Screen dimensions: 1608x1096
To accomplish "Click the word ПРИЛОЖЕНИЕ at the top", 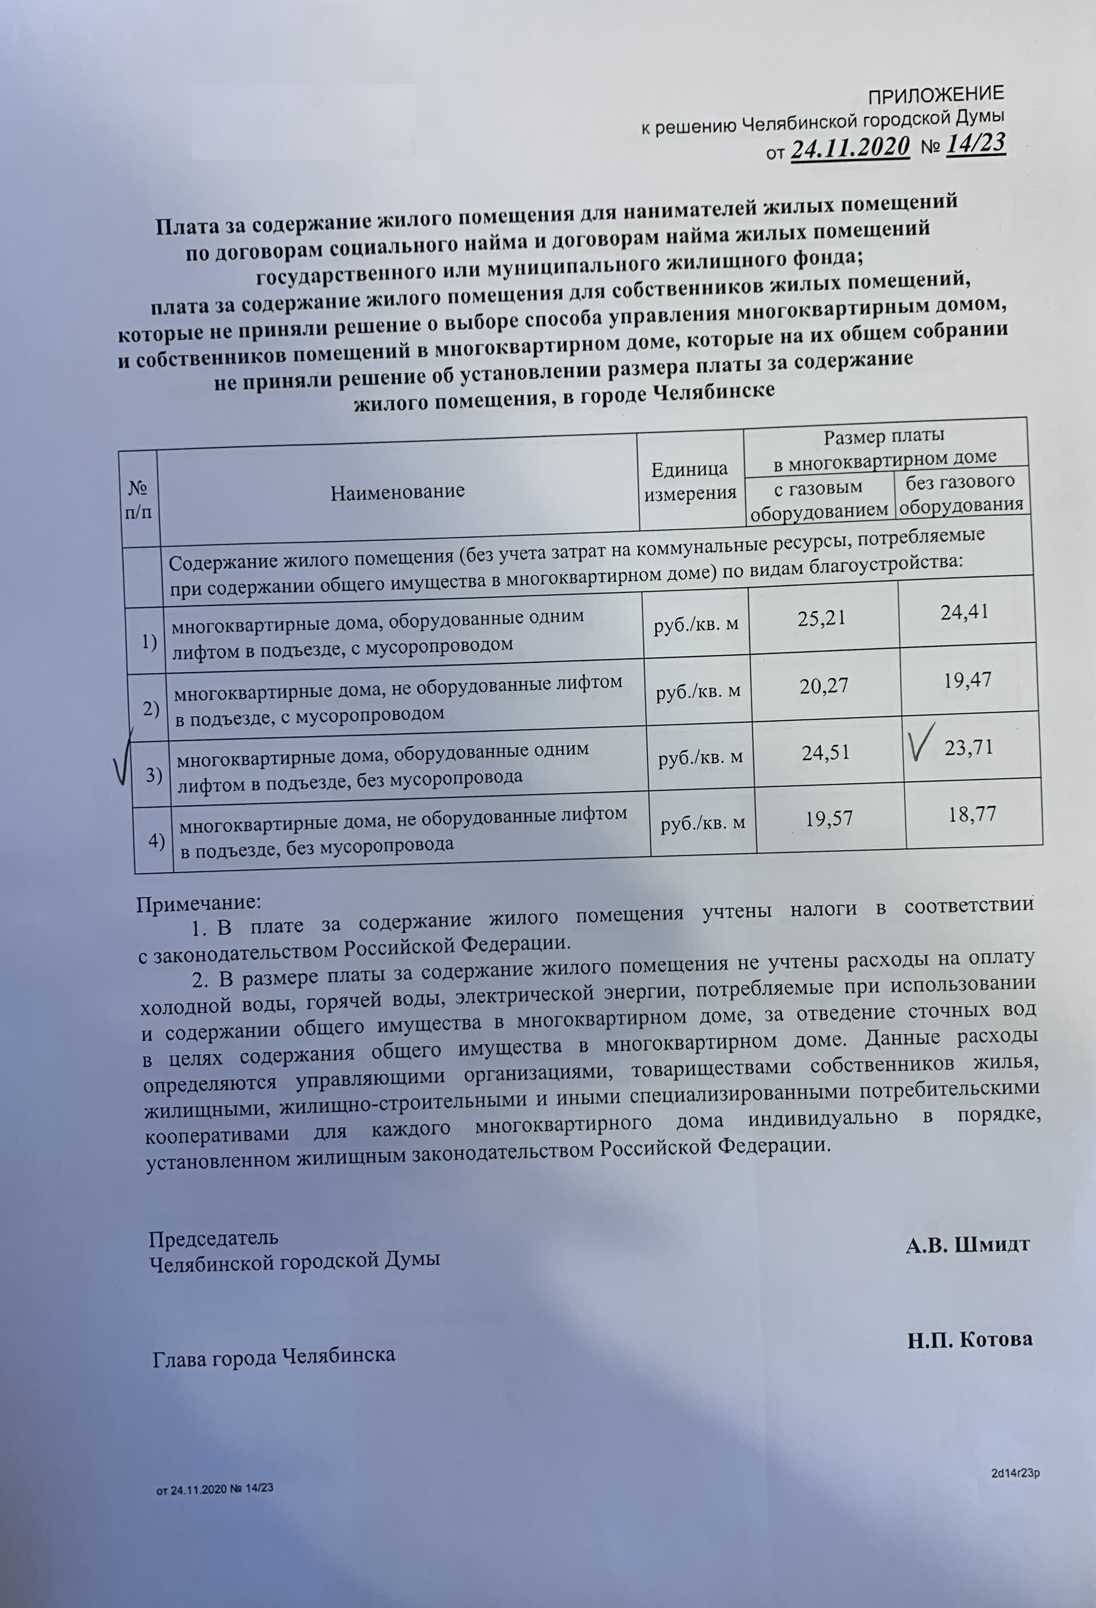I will pyautogui.click(x=935, y=95).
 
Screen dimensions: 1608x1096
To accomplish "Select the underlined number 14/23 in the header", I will pyautogui.click(x=974, y=144).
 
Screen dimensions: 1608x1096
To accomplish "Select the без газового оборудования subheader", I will pyautogui.click(x=961, y=493).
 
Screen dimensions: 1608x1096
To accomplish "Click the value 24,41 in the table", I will pyautogui.click(x=964, y=611).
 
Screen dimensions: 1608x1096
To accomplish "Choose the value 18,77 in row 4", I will pyautogui.click(x=972, y=814).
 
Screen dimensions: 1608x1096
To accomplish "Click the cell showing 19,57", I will pyautogui.click(x=829, y=819).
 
